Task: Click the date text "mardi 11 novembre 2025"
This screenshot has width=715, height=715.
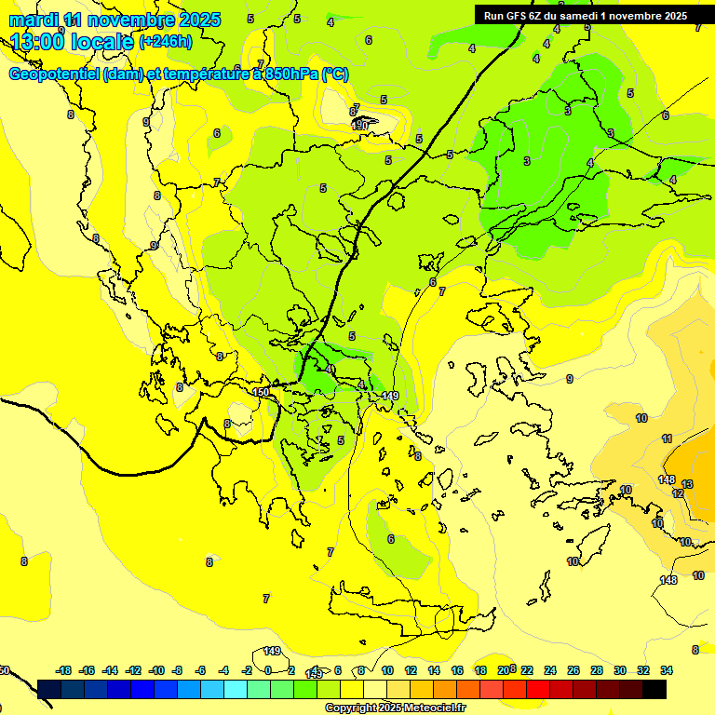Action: [115, 20]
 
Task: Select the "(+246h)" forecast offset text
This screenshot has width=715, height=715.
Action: [165, 42]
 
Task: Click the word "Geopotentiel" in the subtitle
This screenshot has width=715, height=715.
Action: [54, 74]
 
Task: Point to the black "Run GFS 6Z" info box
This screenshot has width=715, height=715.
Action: [586, 15]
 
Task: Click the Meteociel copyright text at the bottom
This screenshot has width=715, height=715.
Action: [394, 708]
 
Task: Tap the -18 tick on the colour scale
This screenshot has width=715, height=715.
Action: [64, 670]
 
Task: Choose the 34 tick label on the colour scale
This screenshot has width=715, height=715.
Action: [667, 670]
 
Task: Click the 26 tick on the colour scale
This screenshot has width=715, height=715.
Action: [573, 670]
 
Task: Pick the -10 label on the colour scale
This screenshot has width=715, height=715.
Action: [156, 670]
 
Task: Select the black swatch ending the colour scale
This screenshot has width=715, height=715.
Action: [654, 690]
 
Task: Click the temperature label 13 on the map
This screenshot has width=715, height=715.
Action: [687, 484]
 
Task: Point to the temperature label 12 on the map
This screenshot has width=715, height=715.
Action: [678, 493]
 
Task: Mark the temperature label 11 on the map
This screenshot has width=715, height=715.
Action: [667, 438]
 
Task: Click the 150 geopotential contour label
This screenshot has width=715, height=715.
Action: [262, 393]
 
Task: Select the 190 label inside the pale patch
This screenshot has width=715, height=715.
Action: [360, 124]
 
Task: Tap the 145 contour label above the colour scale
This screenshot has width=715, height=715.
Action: [315, 672]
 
